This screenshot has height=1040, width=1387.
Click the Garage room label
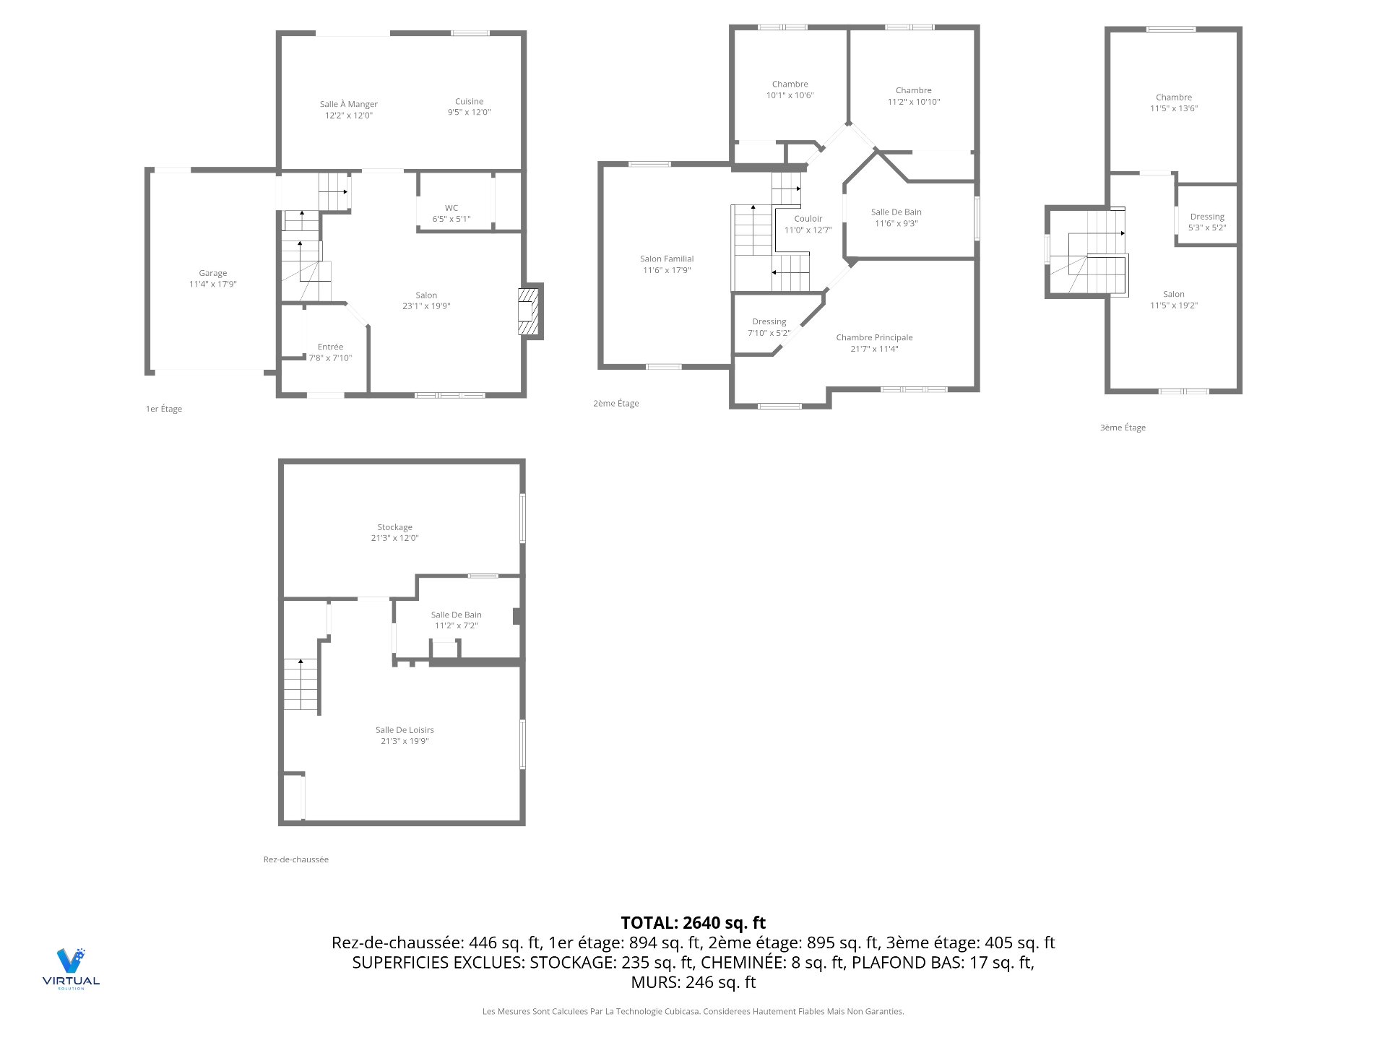click(x=212, y=274)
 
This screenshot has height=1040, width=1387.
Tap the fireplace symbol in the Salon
click(x=530, y=312)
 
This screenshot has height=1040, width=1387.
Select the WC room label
click(x=451, y=208)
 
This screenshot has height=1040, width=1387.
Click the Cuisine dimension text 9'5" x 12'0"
click(x=469, y=113)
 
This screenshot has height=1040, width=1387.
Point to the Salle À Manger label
click(x=349, y=105)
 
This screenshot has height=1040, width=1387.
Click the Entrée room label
click(x=330, y=347)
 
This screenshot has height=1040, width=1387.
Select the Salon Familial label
click(x=666, y=259)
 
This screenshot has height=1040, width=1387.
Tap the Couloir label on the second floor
click(x=808, y=219)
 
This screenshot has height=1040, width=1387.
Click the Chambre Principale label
click(x=874, y=338)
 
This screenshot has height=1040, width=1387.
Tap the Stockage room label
click(x=394, y=528)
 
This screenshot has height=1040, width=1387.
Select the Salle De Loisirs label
click(x=405, y=730)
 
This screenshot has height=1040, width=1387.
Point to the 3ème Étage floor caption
click(x=1123, y=428)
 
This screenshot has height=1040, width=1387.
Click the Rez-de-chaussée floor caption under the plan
click(x=295, y=859)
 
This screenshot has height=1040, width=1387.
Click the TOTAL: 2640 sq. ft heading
click(x=693, y=923)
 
